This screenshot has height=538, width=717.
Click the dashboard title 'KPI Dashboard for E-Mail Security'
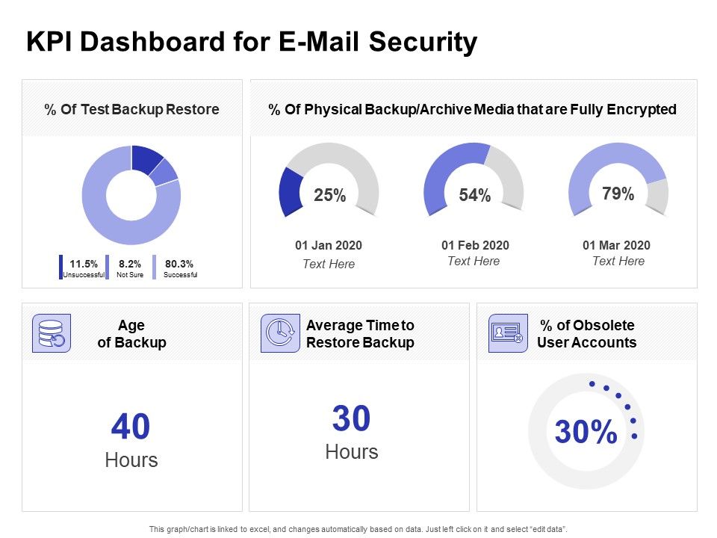tap(251, 43)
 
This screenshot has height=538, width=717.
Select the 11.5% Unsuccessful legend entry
tap(83, 268)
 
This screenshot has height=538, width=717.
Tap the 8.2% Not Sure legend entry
tap(129, 268)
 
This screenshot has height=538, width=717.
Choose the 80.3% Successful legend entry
tap(179, 268)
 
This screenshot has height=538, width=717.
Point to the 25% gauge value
tap(329, 196)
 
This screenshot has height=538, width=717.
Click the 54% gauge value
tap(474, 196)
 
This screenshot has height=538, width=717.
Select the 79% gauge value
tap(618, 194)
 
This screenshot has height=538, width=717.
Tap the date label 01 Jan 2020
tap(329, 245)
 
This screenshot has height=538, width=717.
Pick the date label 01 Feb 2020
tap(474, 245)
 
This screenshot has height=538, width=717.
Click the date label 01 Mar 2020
tap(618, 245)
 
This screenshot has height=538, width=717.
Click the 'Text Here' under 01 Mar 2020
tap(618, 261)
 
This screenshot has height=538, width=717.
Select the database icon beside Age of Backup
tap(52, 333)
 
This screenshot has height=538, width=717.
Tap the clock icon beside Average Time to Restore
tap(279, 333)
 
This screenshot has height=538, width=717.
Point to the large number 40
tap(131, 427)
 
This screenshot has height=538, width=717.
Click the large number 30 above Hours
tap(351, 419)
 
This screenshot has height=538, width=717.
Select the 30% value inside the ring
tap(586, 432)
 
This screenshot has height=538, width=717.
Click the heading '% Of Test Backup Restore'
tap(131, 110)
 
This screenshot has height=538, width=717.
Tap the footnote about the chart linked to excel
tap(358, 528)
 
